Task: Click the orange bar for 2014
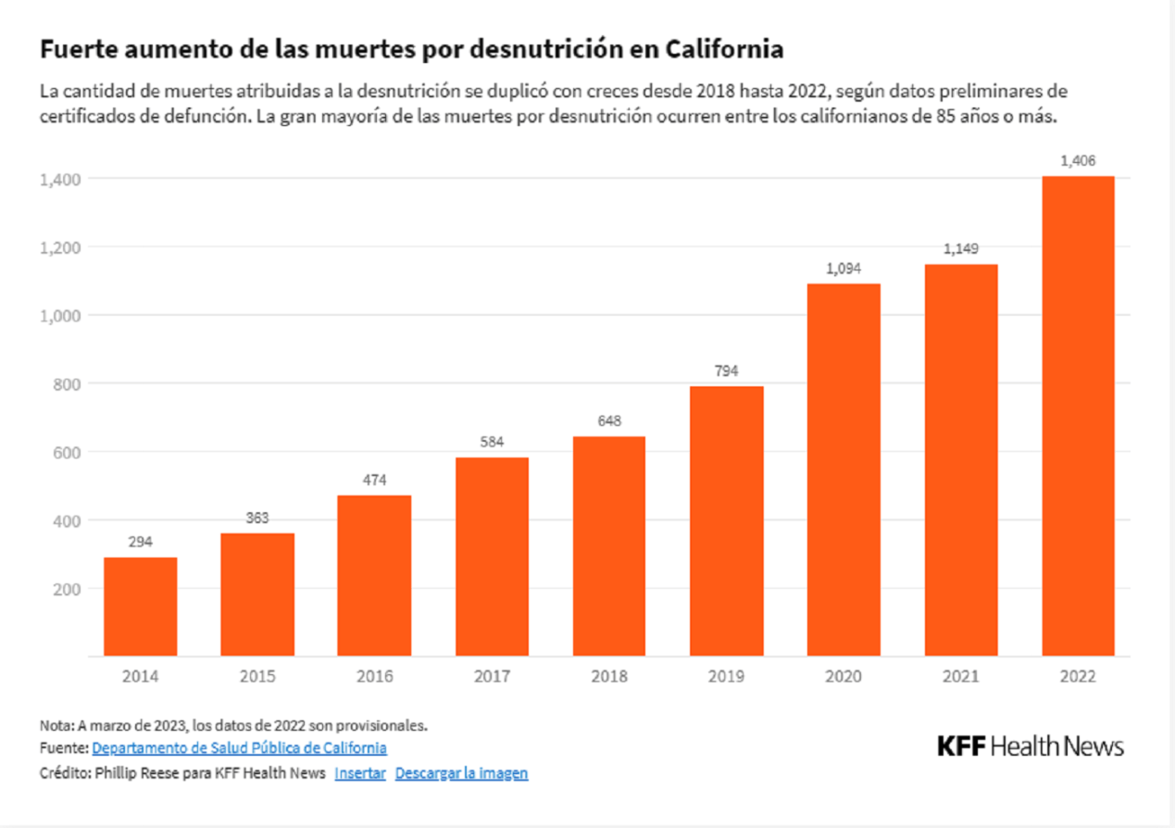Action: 141,607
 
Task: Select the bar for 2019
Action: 727,521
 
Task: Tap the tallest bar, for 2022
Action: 1079,417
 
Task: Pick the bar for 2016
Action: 375,576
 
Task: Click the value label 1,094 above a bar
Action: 844,269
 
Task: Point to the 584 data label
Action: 492,443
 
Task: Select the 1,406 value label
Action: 1079,161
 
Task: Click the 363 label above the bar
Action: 257,519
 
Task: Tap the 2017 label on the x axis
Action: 492,677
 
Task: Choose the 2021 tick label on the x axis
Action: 961,677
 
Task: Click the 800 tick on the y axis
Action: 66,384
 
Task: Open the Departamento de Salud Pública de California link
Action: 239,747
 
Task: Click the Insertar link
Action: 360,773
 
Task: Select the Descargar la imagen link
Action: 461,773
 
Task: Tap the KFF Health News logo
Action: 1031,746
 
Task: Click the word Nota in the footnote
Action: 56,724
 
